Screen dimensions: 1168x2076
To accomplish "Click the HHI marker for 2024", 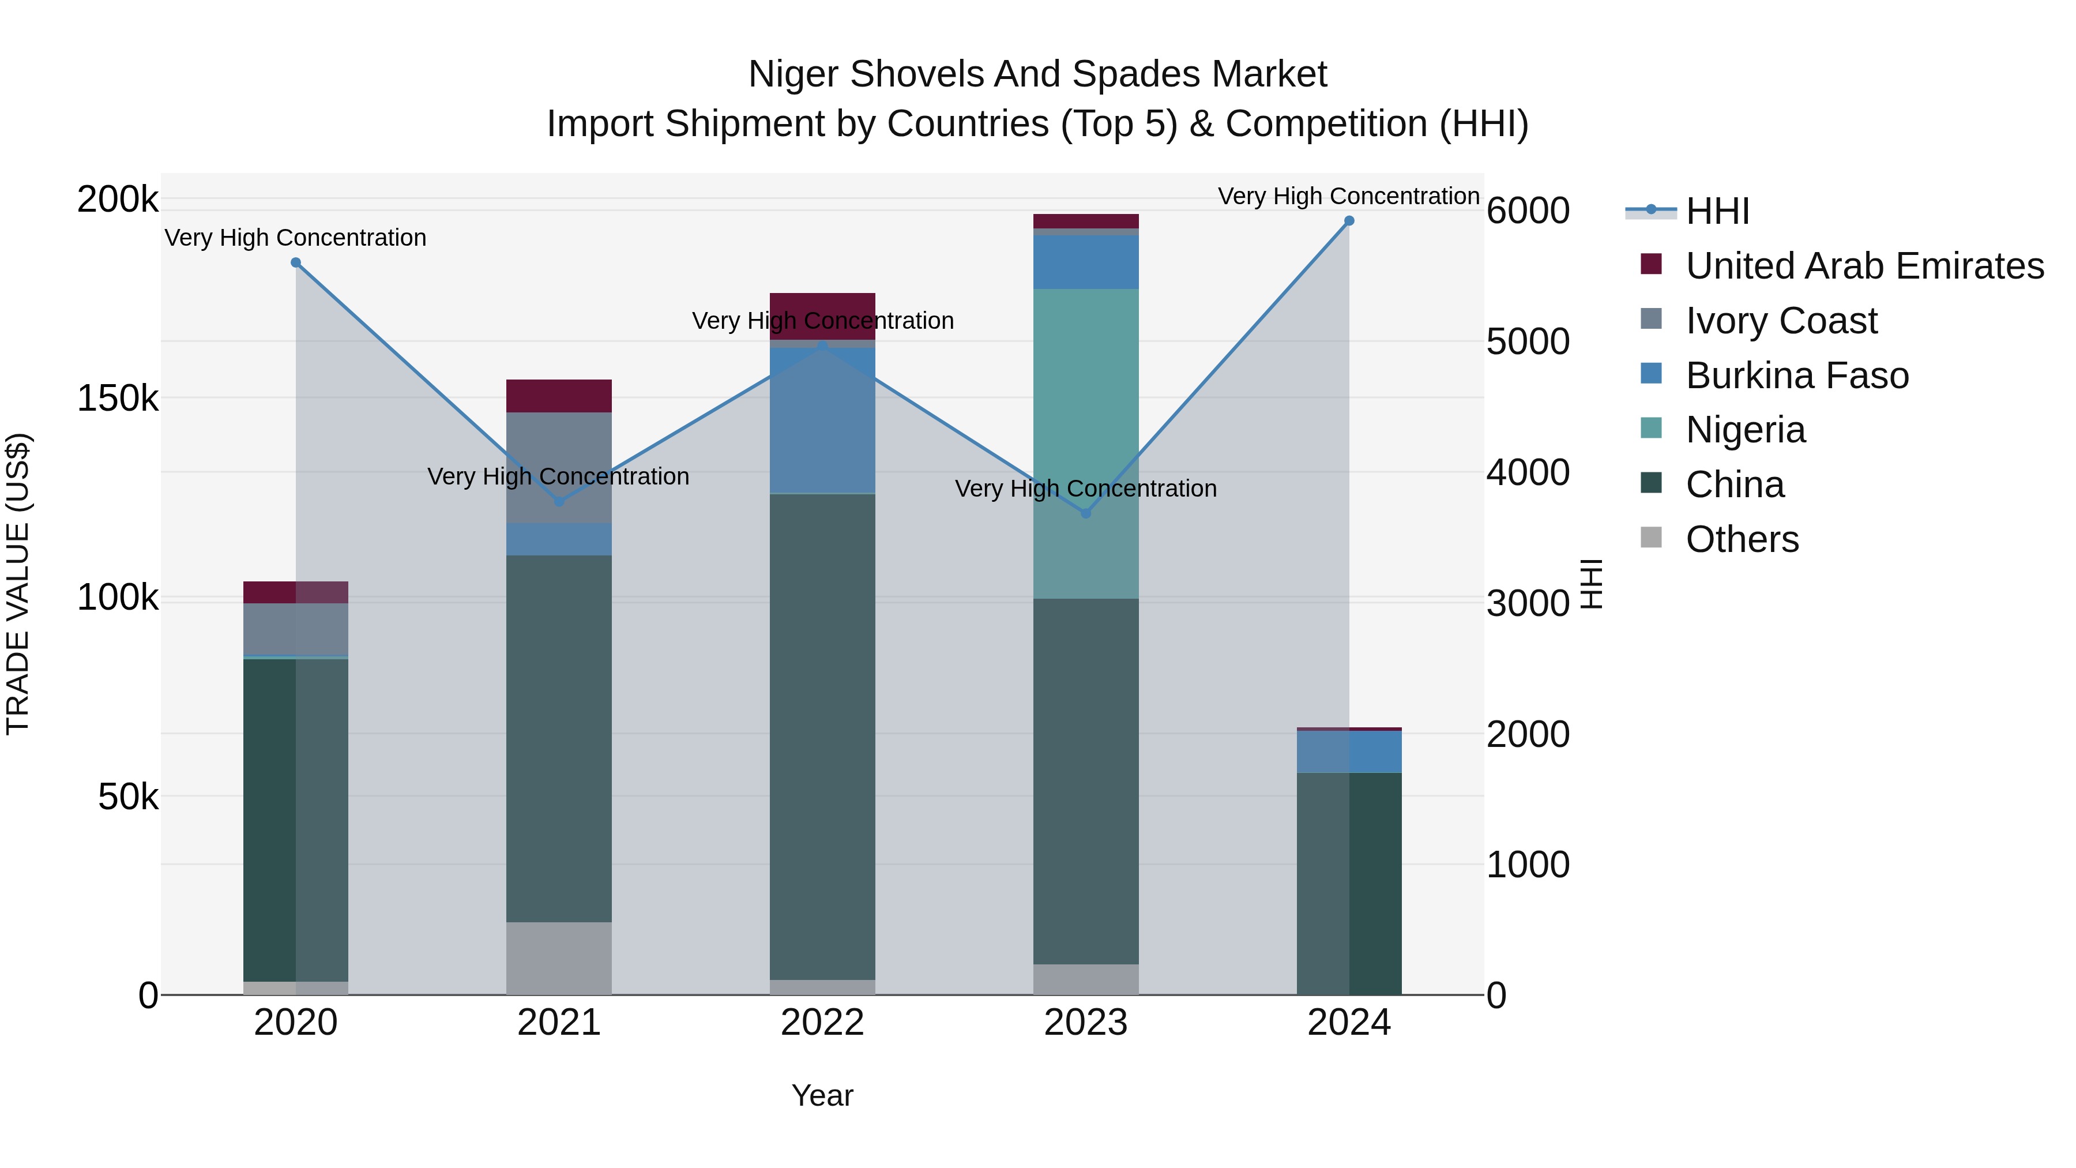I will (1349, 221).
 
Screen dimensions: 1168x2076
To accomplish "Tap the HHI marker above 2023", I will (1085, 513).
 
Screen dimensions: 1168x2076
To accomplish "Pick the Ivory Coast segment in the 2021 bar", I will (558, 468).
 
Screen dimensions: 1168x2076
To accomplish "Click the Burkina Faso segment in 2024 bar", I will (1349, 751).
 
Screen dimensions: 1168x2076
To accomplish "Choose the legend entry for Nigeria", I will (1745, 430).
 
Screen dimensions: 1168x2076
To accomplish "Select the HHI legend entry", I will (1717, 211).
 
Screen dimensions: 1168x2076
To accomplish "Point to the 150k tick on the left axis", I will (118, 398).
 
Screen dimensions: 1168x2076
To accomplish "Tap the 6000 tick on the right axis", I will (1527, 211).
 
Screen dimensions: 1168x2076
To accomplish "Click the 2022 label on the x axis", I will (822, 1023).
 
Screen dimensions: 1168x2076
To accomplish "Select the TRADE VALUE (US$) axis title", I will (18, 584).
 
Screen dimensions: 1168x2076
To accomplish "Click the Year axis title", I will (822, 1095).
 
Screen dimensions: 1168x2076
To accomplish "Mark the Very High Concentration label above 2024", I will (1348, 196).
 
